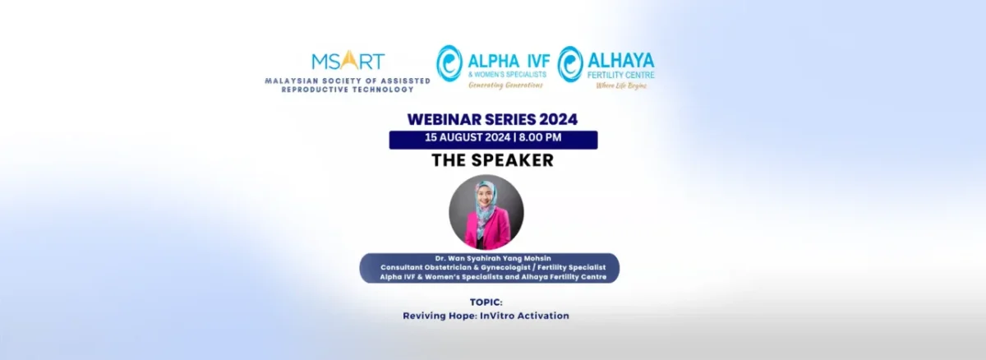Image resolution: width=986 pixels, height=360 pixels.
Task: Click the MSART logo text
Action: pos(348,61)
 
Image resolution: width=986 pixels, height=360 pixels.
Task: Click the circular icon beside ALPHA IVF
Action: pos(449,63)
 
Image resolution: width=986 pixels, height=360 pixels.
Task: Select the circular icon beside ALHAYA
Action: pos(570,63)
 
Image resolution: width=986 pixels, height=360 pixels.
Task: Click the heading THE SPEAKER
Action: pos(492,161)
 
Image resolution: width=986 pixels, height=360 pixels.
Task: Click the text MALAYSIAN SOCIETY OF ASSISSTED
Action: pos(347,81)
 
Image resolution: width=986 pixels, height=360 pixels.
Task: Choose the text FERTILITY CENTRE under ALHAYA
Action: pos(626,75)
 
